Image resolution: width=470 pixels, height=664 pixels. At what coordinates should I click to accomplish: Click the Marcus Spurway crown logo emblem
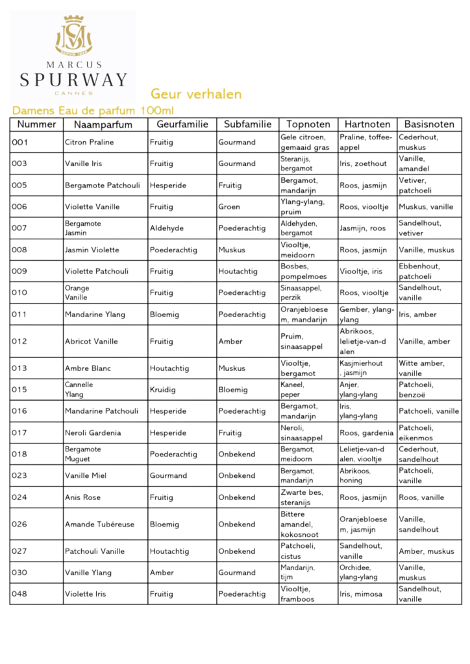(x=73, y=36)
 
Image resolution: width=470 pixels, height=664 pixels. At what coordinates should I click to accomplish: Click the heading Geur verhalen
(x=196, y=94)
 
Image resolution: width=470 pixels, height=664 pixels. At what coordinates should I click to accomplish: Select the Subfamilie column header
(x=247, y=124)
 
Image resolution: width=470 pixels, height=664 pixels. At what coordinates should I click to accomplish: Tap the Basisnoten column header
(x=429, y=124)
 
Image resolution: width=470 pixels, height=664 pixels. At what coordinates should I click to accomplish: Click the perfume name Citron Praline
(x=89, y=142)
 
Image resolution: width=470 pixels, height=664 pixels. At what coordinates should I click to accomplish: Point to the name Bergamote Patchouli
(x=102, y=185)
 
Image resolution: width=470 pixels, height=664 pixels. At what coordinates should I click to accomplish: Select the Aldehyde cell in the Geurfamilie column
(x=167, y=228)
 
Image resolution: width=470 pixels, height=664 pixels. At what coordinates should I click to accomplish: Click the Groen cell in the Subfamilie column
(x=229, y=207)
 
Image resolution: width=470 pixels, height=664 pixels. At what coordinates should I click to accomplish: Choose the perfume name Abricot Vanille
(x=91, y=342)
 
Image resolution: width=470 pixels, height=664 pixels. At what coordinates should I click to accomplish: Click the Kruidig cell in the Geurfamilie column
(x=164, y=390)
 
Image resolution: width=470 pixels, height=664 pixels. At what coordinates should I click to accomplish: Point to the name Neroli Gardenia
(x=93, y=433)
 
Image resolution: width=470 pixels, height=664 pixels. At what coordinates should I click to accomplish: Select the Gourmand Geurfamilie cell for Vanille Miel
(x=168, y=475)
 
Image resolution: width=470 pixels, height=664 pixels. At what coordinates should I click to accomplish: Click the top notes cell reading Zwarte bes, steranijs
(x=301, y=497)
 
